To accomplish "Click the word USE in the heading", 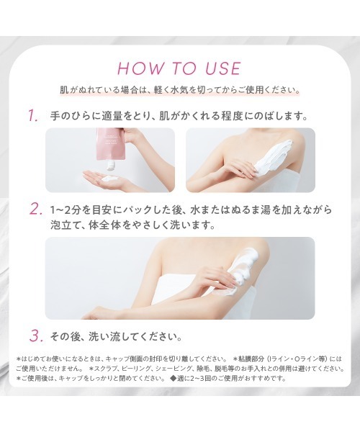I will coord(220,69).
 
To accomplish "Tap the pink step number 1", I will coord(33,116).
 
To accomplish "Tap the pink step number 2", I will coord(34,210).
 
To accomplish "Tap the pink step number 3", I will coord(34,336).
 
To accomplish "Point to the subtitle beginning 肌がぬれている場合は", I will coord(180,91).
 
